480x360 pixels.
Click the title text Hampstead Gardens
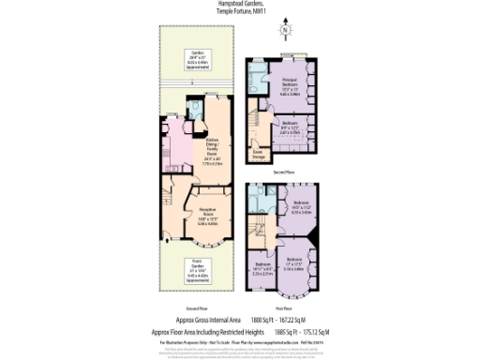[239, 5]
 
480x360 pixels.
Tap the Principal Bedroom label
[290, 84]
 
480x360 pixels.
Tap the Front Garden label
[197, 268]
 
